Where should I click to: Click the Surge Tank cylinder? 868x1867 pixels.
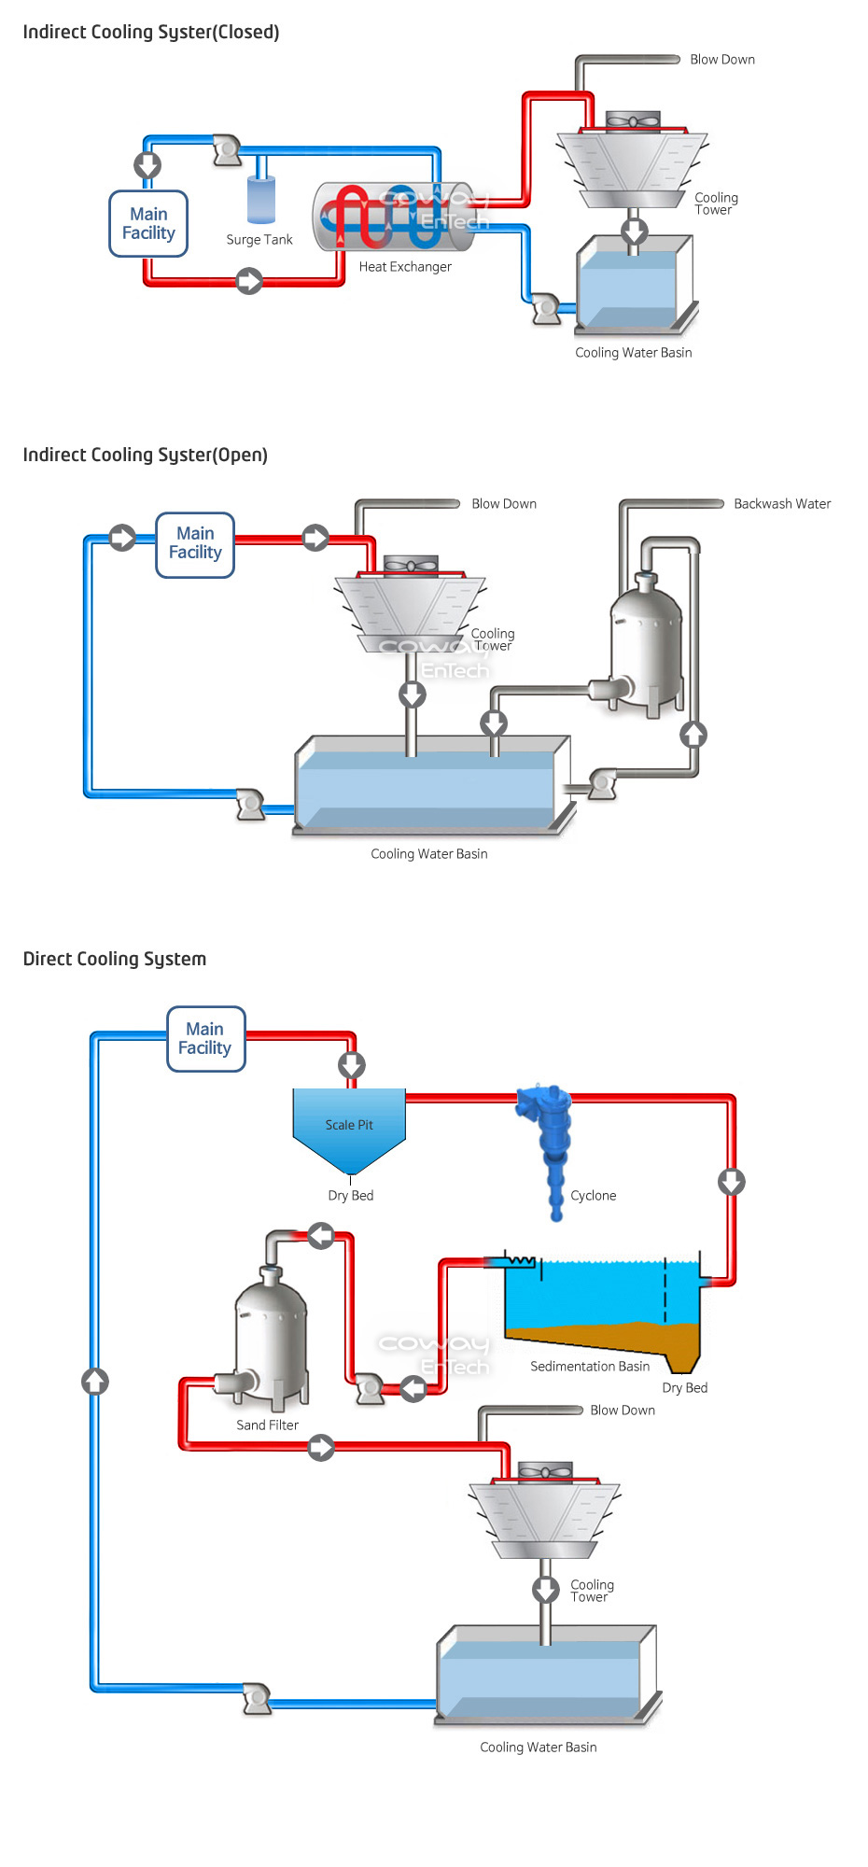pos(261,199)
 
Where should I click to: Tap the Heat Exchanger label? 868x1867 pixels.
pos(405,267)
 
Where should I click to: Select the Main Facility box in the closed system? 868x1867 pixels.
pos(148,224)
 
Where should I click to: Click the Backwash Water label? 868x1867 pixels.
pos(782,504)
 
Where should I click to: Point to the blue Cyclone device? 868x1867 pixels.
pos(552,1144)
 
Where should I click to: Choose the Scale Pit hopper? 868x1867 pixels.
pos(349,1127)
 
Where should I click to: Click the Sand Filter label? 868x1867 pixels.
pos(267,1425)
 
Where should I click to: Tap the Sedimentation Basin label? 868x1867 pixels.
pos(590,1367)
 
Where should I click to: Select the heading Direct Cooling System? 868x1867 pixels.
pos(115,959)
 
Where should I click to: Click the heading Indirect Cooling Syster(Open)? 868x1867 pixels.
pos(146,456)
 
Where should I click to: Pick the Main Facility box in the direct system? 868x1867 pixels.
pos(205,1039)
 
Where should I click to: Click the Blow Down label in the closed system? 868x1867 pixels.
pos(722,60)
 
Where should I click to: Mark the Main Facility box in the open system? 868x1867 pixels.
pos(195,544)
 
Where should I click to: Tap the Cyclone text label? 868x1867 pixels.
pos(594,1196)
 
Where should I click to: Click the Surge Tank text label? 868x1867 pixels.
pos(259,240)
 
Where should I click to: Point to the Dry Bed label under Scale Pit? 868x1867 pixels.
pos(351,1196)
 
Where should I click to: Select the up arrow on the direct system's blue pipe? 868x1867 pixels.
pos(95,1382)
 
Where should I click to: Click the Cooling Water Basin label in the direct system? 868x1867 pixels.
pos(539,1748)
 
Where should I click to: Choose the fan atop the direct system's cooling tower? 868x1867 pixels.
pos(545,1472)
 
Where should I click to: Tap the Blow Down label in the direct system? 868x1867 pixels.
pos(623,1411)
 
